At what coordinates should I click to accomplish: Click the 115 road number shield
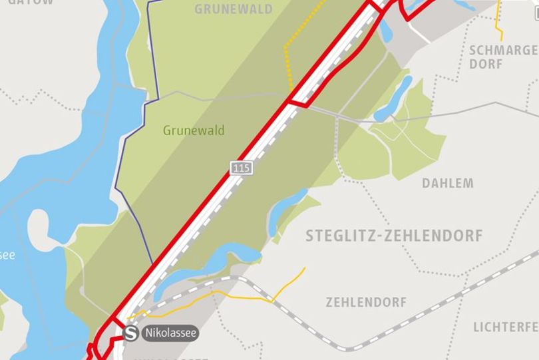pos(242,168)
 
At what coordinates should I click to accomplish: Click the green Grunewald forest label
pos(194,130)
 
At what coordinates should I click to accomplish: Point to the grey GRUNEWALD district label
pos(234,9)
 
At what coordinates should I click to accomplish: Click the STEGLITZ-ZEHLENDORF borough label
pos(394,236)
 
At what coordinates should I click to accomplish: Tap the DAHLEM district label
pos(448,183)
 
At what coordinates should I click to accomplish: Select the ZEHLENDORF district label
pos(366,302)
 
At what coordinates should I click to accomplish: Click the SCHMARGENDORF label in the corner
pos(502,57)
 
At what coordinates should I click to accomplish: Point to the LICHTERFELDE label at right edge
pos(506,327)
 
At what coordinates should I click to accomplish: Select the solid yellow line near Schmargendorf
pos(497,23)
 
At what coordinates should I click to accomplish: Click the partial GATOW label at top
pos(30,3)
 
